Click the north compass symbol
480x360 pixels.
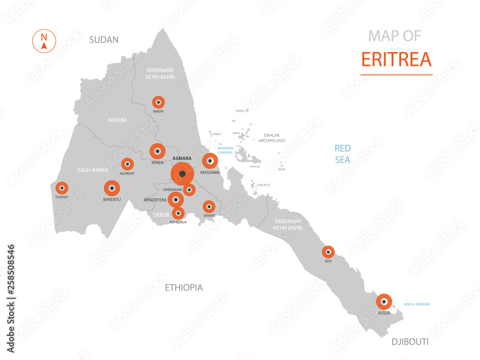point(44,40)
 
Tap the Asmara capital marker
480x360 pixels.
point(182,173)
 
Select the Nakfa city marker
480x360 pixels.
point(158,102)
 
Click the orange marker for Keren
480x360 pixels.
point(157,152)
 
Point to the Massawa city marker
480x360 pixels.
point(210,161)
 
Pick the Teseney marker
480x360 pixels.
point(62,188)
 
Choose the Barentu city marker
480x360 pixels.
point(112,188)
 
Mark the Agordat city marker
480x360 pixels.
point(127,164)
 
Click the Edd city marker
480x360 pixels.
point(328,252)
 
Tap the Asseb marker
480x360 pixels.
point(384,302)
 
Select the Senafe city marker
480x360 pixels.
point(209,206)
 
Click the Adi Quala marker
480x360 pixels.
point(178,213)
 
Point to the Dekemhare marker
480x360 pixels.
point(190,190)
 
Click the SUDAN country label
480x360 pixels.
point(104,40)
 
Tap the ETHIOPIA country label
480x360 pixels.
point(184,288)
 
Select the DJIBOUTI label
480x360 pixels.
point(410,342)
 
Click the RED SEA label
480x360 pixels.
point(343,154)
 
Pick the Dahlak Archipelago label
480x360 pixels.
point(272,138)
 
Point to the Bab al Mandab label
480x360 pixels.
point(417,304)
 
